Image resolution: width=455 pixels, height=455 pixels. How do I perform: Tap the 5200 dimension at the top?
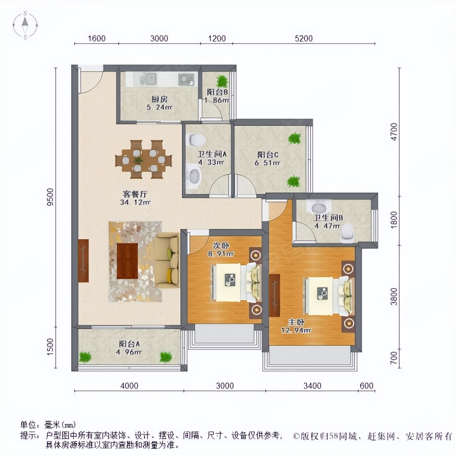(303, 38)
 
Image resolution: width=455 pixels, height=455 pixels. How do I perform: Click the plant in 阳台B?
(222, 81)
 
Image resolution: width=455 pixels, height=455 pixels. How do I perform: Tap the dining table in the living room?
(143, 159)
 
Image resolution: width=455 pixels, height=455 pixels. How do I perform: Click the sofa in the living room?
(167, 260)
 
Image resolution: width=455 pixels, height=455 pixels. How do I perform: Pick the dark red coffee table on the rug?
(127, 261)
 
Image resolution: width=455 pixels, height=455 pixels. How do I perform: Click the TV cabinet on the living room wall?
(83, 260)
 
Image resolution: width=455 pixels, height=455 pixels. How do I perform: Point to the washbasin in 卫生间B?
(318, 207)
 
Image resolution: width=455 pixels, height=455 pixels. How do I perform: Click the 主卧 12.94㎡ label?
(296, 326)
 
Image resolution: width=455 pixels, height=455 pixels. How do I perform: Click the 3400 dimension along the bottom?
(312, 386)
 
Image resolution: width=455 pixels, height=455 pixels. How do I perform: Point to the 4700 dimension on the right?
(394, 132)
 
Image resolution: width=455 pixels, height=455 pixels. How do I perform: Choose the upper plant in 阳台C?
(294, 138)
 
